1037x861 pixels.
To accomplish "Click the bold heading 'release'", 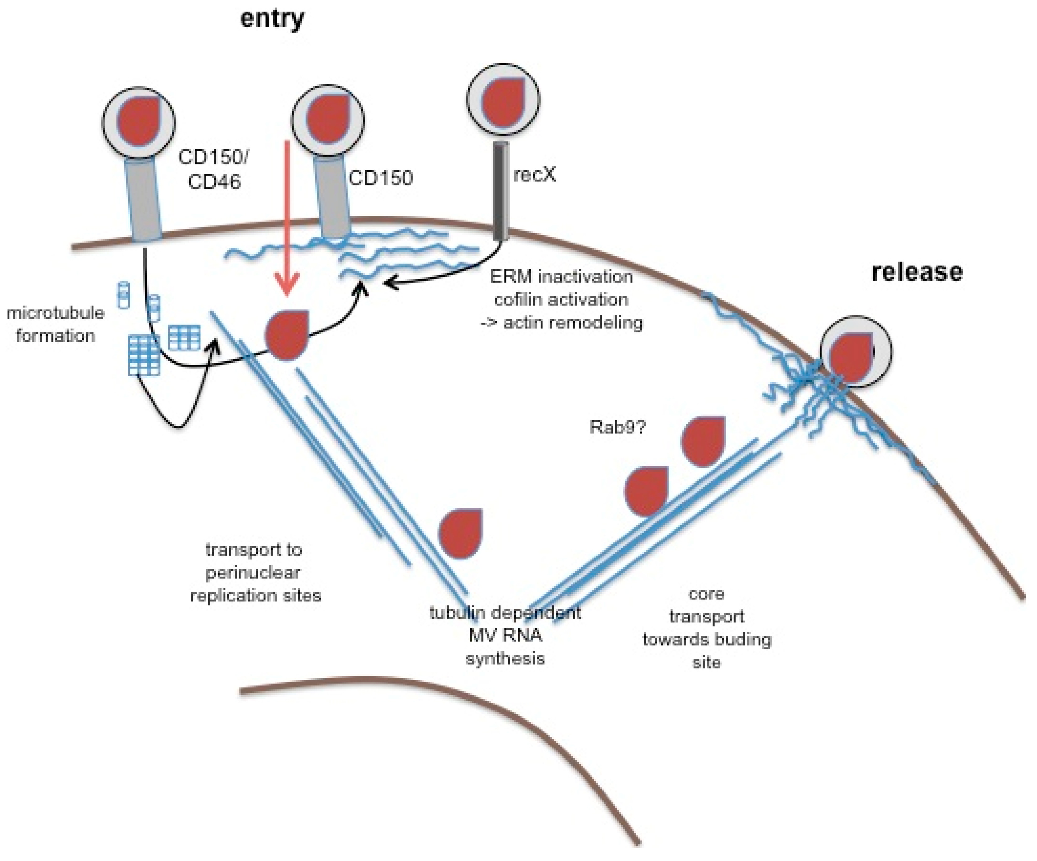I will (x=917, y=272).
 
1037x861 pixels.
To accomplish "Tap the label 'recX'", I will (x=534, y=175).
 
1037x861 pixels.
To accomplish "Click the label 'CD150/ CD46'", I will (x=214, y=169).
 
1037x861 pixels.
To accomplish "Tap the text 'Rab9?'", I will (x=617, y=426).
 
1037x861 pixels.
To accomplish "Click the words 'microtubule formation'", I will (x=55, y=324).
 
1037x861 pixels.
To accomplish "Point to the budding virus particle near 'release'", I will (x=856, y=351).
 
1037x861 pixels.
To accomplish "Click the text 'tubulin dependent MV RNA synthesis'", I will (x=505, y=635).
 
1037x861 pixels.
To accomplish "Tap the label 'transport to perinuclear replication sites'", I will (x=255, y=572).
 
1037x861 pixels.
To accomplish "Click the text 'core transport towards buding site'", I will (x=706, y=627).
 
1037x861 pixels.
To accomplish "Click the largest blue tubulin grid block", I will (x=144, y=356).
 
